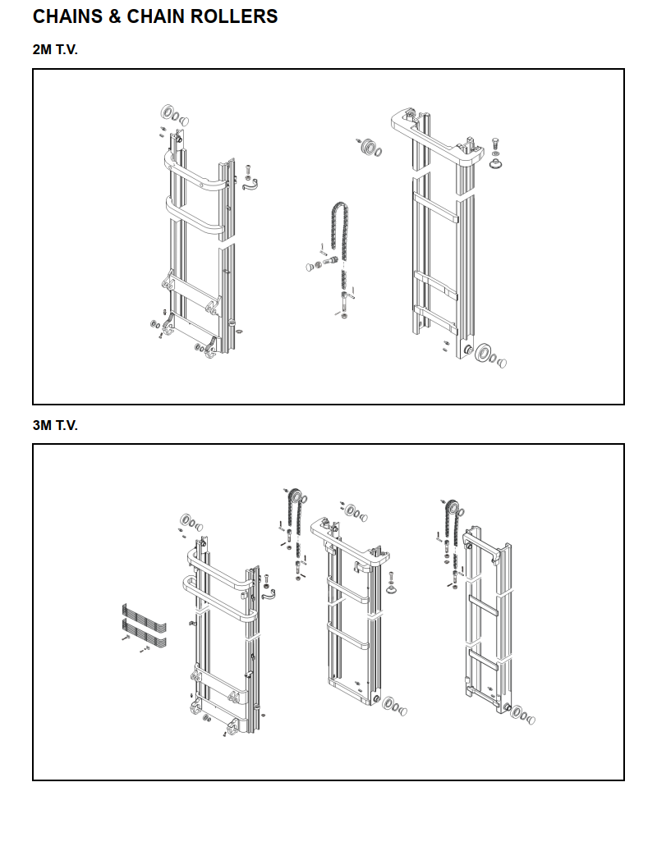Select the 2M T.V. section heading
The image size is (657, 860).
(55, 49)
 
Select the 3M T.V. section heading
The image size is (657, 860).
(55, 425)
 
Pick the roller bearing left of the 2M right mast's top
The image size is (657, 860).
(369, 149)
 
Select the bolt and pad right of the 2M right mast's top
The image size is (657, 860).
(496, 156)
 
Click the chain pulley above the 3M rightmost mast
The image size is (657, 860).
(450, 506)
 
